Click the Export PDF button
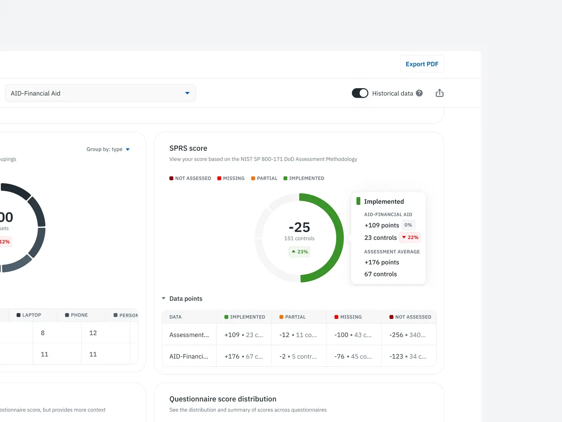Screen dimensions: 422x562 tap(422, 64)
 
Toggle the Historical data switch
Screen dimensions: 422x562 tap(360, 93)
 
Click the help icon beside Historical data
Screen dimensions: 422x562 tap(419, 93)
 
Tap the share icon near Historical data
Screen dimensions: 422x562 tap(440, 93)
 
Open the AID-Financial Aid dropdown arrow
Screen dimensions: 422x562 tap(187, 93)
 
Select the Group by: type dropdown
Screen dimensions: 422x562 tap(108, 149)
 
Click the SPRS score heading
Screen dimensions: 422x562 tap(188, 148)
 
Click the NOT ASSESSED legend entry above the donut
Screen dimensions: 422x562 tap(190, 178)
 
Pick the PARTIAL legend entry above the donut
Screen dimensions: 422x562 tap(264, 178)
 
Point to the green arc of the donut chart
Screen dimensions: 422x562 tap(339, 238)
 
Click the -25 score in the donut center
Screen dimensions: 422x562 tap(300, 227)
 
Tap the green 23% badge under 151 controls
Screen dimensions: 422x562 tap(300, 252)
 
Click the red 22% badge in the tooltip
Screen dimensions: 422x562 tap(410, 237)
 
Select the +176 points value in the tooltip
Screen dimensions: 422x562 tap(382, 262)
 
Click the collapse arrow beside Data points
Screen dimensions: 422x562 tap(164, 298)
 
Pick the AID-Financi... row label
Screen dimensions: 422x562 tap(189, 356)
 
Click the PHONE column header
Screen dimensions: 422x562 tap(77, 315)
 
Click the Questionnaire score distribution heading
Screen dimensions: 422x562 tap(222, 399)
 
